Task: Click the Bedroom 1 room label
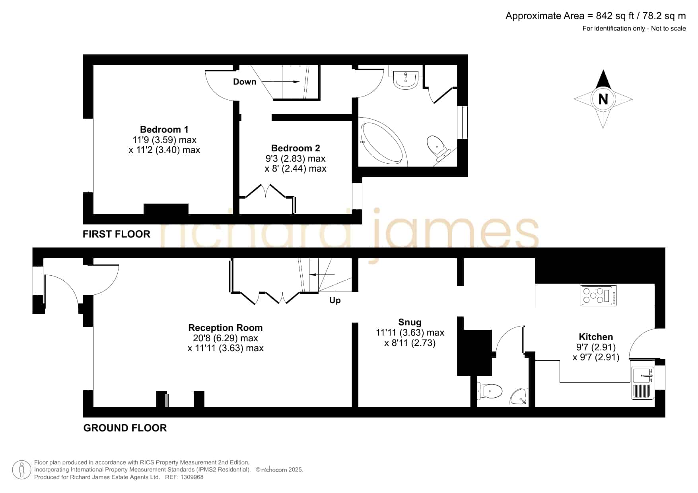(164, 130)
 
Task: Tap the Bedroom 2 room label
(296, 148)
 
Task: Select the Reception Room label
(226, 328)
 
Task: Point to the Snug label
(410, 322)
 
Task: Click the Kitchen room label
(596, 337)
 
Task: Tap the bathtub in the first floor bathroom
(384, 142)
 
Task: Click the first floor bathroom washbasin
(405, 79)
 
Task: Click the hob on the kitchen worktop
(599, 296)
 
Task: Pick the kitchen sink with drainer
(643, 383)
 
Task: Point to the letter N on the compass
(603, 99)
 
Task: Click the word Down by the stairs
(245, 81)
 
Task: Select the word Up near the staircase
(335, 300)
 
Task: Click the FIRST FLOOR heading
(117, 234)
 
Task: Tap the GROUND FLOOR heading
(125, 428)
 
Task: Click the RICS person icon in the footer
(21, 470)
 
